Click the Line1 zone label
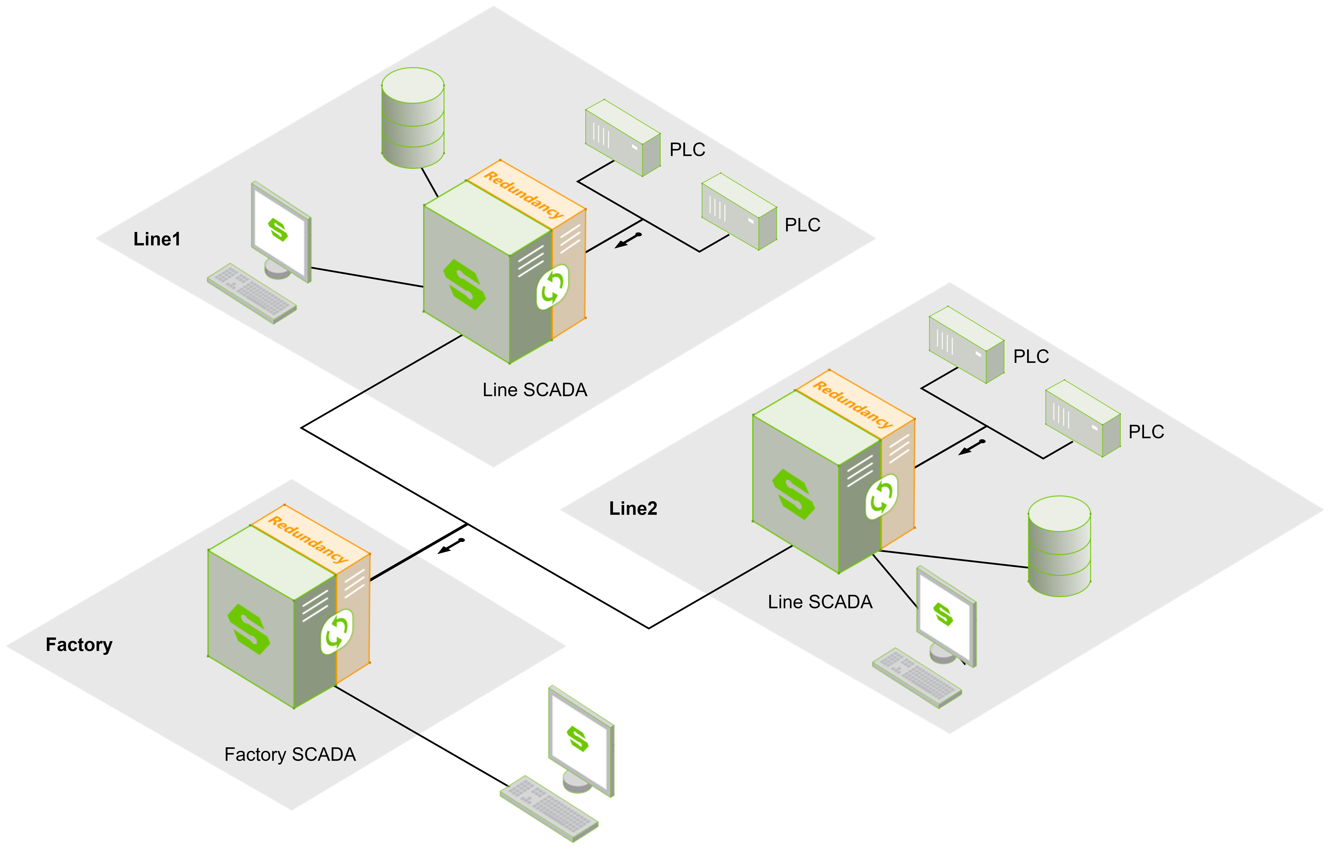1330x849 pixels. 157,239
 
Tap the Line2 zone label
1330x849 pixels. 633,508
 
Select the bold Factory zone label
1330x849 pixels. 79,645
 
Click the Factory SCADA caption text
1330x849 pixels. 290,754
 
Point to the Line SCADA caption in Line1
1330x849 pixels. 535,390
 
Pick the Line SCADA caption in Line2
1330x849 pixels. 820,602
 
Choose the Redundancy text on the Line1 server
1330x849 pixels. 524,194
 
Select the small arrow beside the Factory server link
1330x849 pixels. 451,546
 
